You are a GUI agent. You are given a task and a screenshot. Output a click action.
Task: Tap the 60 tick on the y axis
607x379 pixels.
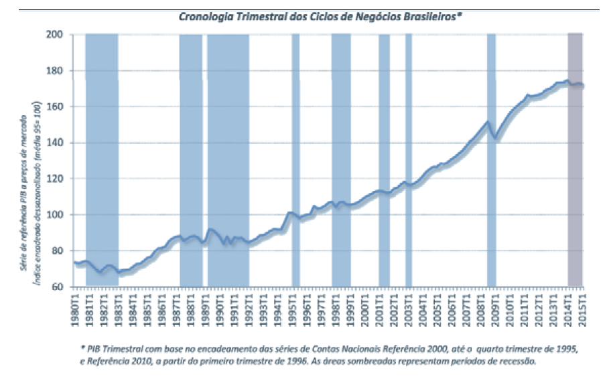pos(58,287)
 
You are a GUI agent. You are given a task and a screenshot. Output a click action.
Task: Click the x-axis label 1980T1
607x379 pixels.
pos(75,309)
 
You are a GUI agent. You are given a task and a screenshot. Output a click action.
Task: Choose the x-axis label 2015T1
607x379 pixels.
pos(582,309)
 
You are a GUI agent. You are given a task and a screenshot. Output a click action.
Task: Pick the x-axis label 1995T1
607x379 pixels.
pos(292,309)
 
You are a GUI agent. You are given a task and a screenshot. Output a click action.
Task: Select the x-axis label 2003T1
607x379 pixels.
pos(408,309)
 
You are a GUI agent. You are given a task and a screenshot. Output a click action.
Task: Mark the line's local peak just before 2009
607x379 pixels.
pos(487,122)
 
